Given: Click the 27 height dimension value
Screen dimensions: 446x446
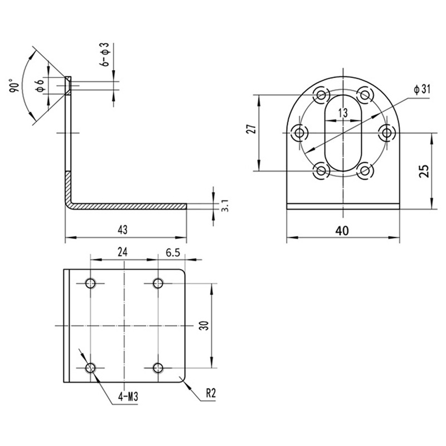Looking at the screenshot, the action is click(251, 129).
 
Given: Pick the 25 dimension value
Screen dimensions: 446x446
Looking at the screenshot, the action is click(424, 171).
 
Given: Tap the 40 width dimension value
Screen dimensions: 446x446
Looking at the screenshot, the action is click(343, 229).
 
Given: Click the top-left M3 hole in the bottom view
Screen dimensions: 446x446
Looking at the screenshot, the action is click(91, 283).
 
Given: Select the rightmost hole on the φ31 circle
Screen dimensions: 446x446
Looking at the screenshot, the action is click(386, 133).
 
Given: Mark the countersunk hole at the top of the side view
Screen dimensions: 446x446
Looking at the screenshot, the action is click(67, 85).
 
